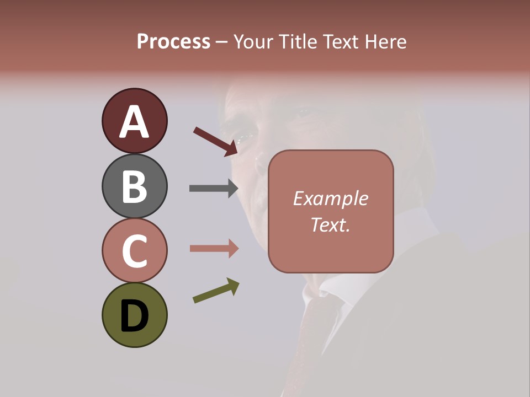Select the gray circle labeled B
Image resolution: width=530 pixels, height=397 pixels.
coord(134,186)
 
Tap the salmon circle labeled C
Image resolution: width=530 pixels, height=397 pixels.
coord(134,250)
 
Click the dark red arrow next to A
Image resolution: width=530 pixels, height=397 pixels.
coord(215,141)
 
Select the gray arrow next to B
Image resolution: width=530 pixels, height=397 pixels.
coord(213,189)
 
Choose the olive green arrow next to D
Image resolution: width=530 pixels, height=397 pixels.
coord(216,291)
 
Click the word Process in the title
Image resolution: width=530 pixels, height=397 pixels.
coord(173,42)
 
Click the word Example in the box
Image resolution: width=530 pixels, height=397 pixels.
coord(330,198)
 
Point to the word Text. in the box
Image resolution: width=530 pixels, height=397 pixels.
coord(330,224)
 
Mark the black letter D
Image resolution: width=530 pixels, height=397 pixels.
coord(134,316)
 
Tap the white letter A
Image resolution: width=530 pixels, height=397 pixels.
coord(134,122)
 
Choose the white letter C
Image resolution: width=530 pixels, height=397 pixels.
coord(134,251)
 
